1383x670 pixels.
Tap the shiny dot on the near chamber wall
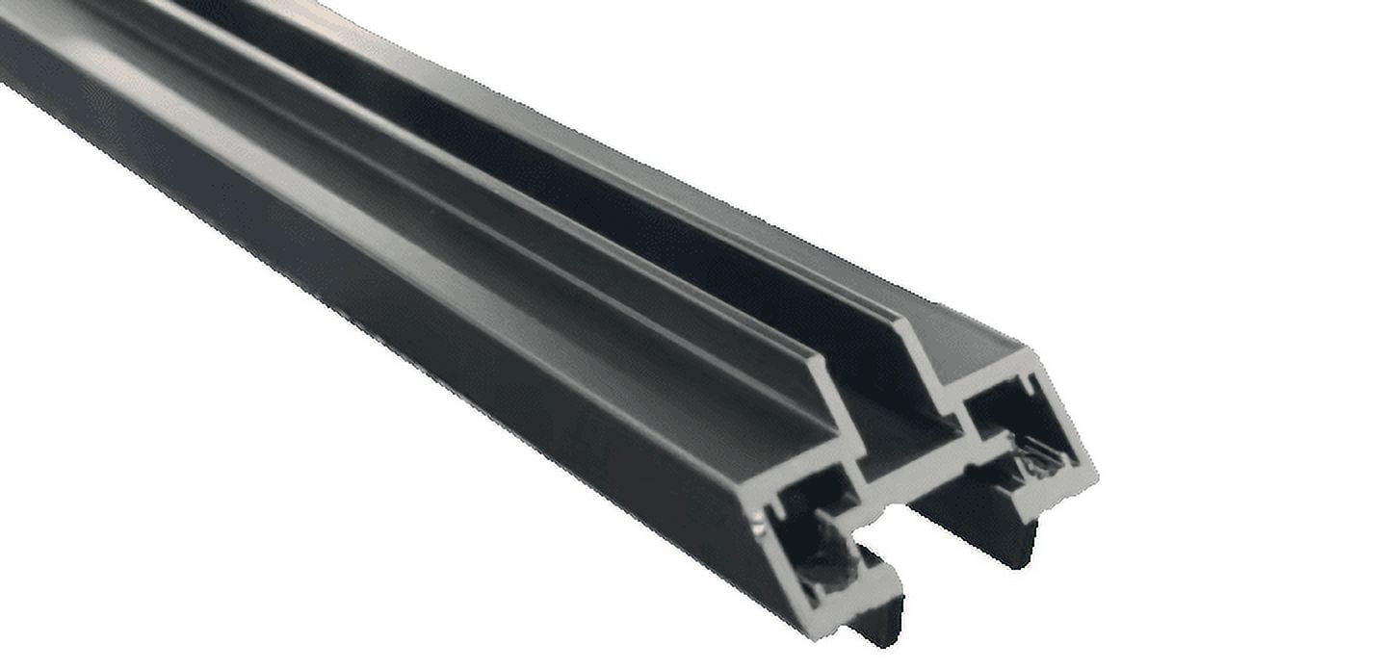click(760, 524)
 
